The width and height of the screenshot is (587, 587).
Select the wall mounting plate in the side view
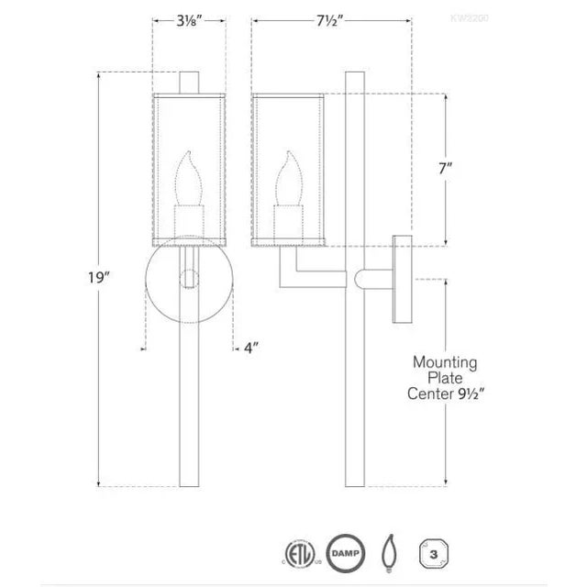[401, 280]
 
